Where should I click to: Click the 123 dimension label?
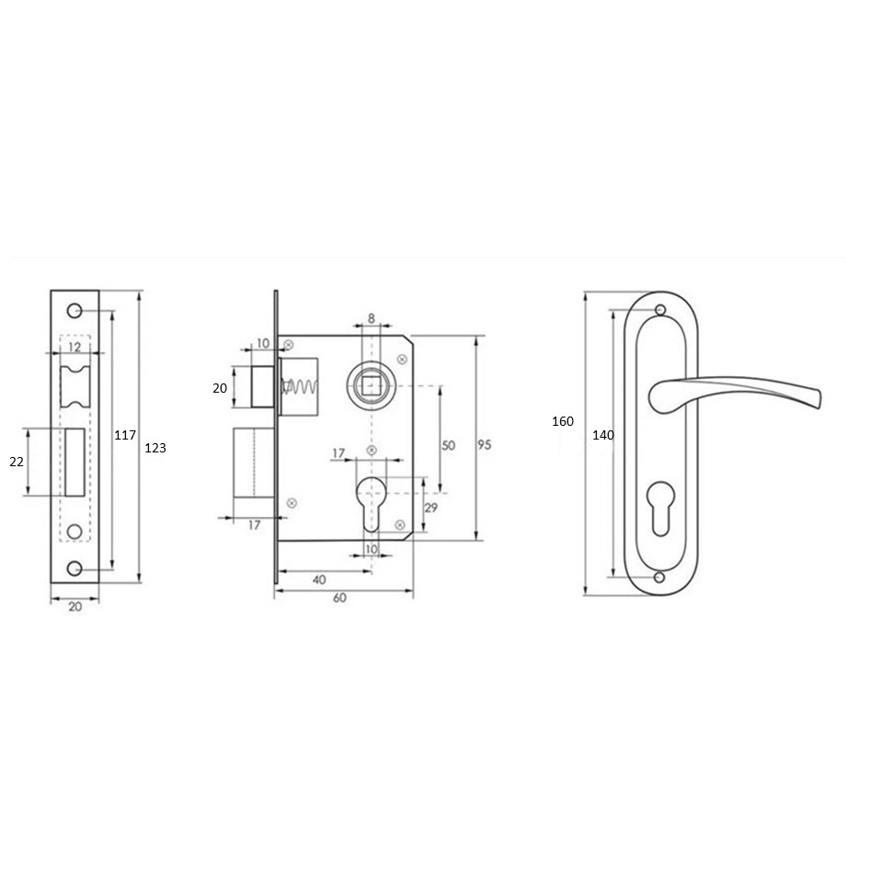tap(155, 448)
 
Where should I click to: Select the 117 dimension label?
tap(125, 435)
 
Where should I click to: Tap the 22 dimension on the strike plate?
tap(17, 461)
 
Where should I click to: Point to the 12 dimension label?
tap(74, 347)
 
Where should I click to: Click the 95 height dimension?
tap(485, 444)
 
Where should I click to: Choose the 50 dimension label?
tap(448, 445)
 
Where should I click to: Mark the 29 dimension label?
tap(430, 507)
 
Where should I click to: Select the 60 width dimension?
tap(339, 598)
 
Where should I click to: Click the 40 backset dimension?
tap(319, 579)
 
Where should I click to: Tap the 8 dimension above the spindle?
tap(372, 318)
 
